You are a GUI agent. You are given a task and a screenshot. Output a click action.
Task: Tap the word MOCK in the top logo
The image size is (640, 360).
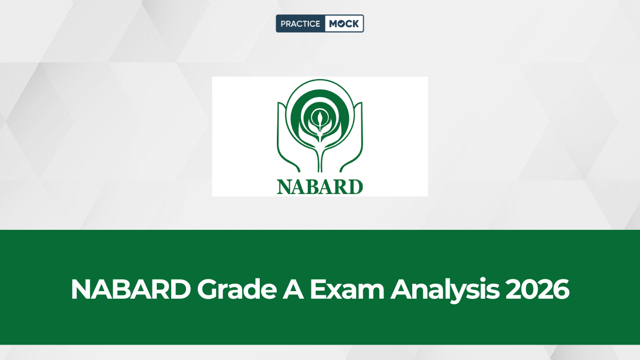tap(344, 23)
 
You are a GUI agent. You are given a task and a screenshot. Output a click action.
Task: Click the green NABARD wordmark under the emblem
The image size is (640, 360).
tap(320, 186)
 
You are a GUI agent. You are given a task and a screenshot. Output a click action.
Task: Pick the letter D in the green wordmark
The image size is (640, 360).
tap(355, 186)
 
